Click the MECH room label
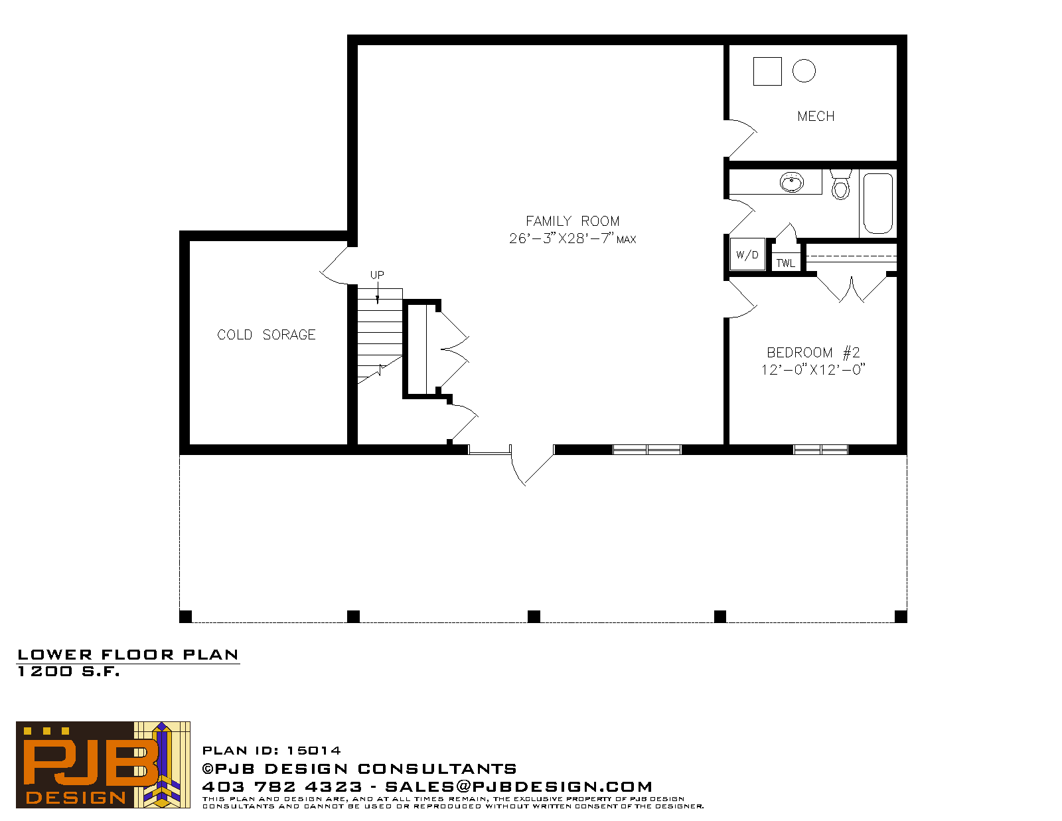click(x=816, y=116)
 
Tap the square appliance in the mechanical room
click(x=767, y=71)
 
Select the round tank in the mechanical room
click(x=804, y=71)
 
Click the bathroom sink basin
click(x=792, y=183)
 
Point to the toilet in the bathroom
click(x=840, y=185)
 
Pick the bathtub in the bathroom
click(x=878, y=203)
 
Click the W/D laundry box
click(x=747, y=254)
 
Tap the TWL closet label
click(x=786, y=263)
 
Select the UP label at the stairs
click(x=377, y=275)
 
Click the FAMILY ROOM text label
click(x=572, y=221)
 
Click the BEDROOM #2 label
click(x=813, y=353)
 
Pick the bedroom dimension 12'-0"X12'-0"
click(x=813, y=370)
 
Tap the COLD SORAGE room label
click(x=266, y=335)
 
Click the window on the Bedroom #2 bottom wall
click(x=820, y=450)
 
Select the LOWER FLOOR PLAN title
click(x=128, y=655)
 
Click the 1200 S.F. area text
click(x=68, y=672)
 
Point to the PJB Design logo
click(x=103, y=765)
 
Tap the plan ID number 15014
click(x=314, y=751)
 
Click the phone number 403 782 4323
click(x=282, y=786)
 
